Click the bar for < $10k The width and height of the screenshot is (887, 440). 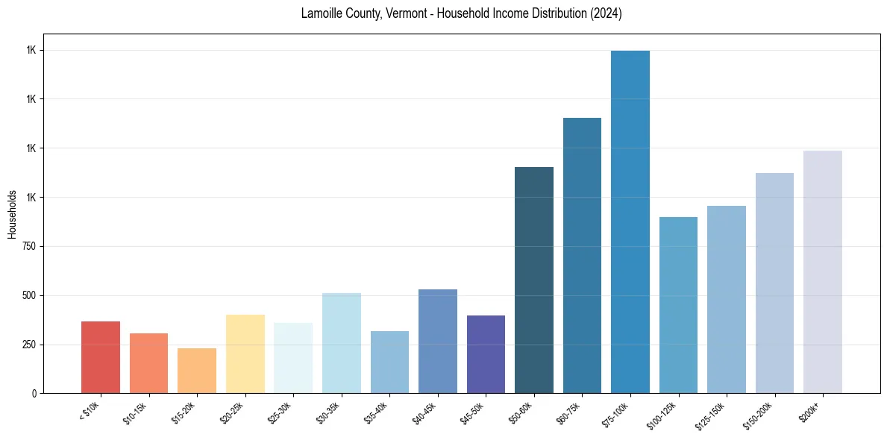tap(101, 357)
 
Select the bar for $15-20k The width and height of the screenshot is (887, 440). tap(197, 371)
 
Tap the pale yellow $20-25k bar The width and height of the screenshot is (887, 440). tap(245, 353)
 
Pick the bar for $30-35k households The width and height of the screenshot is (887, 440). tap(342, 343)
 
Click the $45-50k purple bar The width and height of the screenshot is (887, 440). tap(486, 354)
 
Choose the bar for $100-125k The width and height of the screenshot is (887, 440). tap(678, 305)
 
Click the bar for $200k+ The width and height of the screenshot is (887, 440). tap(823, 271)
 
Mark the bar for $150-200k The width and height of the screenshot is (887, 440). tap(774, 283)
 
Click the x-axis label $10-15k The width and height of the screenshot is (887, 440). tap(135, 412)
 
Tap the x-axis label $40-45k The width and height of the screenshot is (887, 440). tap(424, 412)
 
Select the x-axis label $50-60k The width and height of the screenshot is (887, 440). tap(520, 412)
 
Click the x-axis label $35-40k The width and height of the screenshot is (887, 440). tap(376, 412)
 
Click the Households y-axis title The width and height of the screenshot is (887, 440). tap(12, 213)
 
